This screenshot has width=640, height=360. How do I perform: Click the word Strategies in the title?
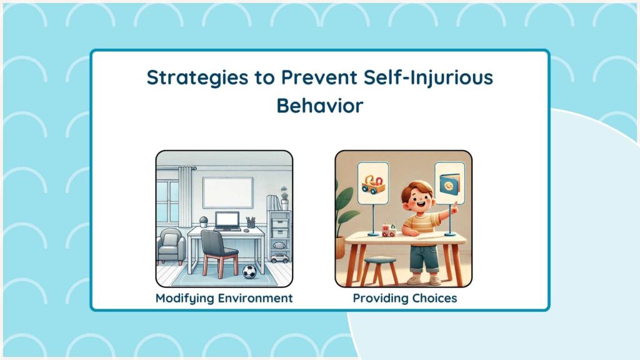coord(197,78)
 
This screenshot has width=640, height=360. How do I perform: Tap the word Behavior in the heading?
coord(320,106)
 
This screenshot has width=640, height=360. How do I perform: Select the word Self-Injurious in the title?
coord(428,77)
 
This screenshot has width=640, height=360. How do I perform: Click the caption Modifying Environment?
coord(224,298)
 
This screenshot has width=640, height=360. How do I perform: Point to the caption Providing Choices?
coord(405,298)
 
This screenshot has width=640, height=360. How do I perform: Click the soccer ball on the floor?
coord(249,272)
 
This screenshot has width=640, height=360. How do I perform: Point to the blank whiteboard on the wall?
coord(227,192)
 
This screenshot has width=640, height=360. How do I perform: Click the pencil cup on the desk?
coord(251,223)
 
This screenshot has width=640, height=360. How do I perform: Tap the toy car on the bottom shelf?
coord(279,258)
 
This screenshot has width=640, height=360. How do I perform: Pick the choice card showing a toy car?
coord(373,183)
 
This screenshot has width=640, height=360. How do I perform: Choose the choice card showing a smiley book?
coord(450,183)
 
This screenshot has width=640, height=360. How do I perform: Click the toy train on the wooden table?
coord(389,230)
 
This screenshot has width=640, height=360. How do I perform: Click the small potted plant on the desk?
coord(203,222)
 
